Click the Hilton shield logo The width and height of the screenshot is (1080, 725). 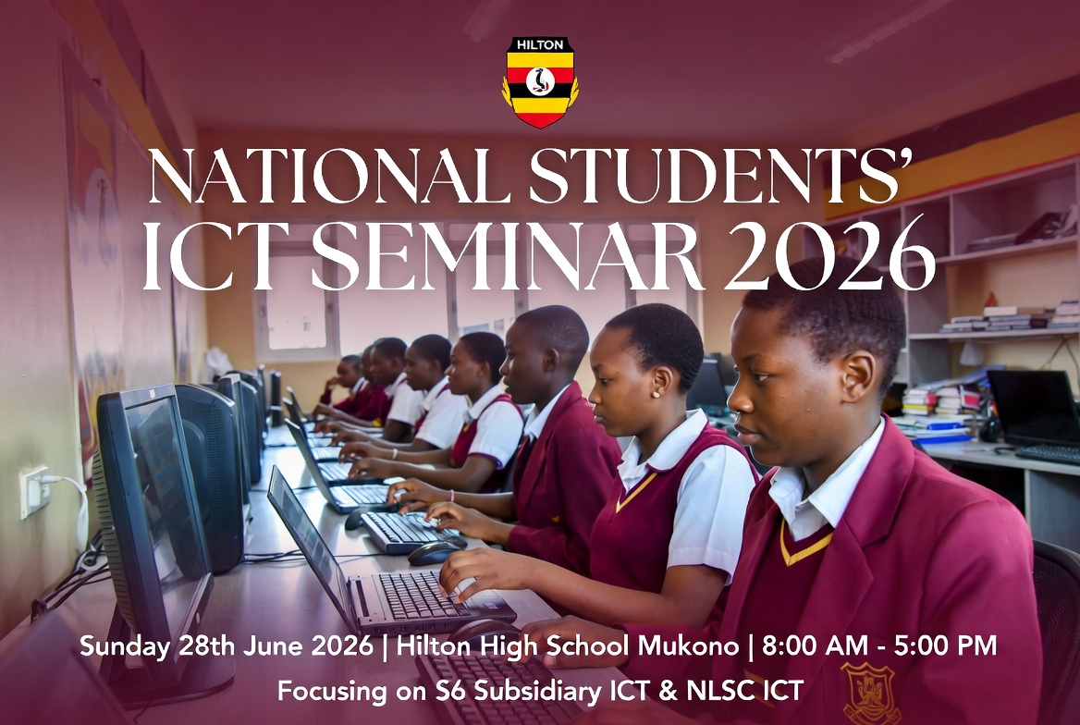coord(540,81)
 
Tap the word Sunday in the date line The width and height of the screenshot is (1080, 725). coord(118,645)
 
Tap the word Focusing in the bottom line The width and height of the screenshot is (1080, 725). coord(328,690)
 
